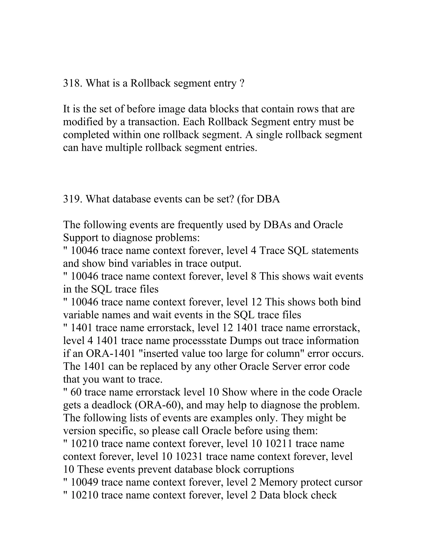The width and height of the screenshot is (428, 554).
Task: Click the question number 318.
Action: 73,83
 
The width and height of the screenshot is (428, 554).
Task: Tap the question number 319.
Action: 73,199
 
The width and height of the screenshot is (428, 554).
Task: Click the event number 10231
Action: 189,457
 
